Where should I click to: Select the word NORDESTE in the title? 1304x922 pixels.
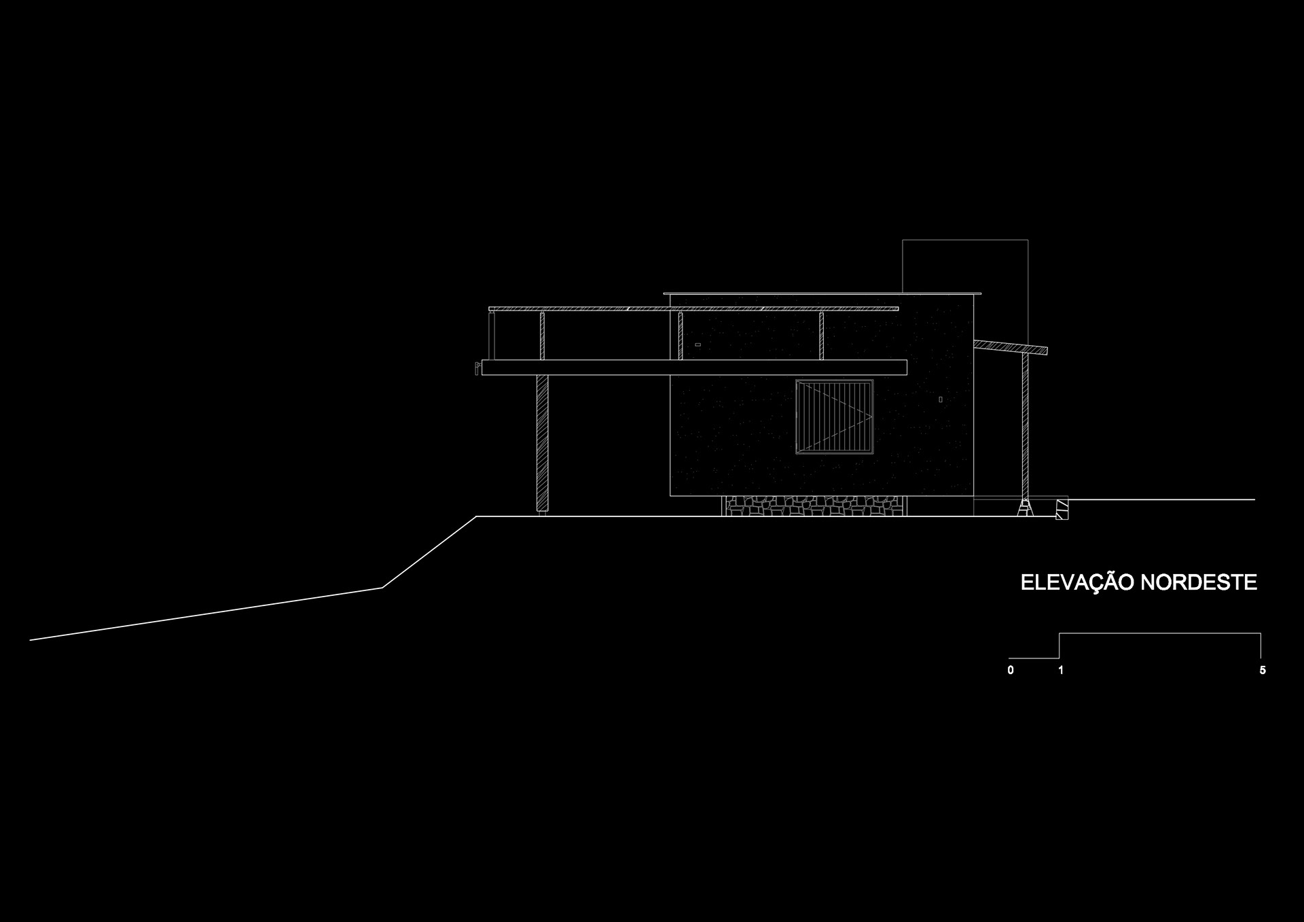[1198, 583]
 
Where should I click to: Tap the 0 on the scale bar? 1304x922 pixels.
[1011, 671]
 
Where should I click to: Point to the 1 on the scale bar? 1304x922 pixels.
[1061, 671]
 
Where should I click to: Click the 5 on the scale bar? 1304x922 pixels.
[1263, 671]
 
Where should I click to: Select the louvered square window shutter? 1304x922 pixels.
[834, 416]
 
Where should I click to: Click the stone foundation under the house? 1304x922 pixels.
[814, 506]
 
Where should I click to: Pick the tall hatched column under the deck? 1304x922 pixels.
[542, 442]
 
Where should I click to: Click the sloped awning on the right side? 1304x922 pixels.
[1010, 347]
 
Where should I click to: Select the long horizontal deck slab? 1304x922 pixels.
[694, 368]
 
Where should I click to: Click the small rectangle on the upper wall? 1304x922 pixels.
[698, 345]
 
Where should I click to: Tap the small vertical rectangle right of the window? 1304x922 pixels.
[940, 400]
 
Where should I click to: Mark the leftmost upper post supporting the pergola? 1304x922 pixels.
[542, 336]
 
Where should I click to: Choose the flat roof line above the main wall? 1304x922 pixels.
[822, 294]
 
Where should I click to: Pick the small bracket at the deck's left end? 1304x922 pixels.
[477, 368]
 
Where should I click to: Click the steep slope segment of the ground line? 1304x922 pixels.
[429, 552]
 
